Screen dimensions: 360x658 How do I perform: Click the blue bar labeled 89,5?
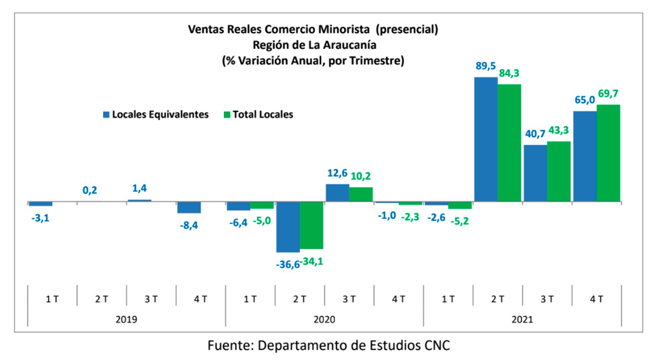(x=486, y=139)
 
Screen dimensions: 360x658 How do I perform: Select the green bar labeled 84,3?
(x=509, y=143)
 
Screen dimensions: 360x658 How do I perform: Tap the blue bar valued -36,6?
(x=288, y=227)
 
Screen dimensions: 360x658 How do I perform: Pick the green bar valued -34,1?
(x=311, y=225)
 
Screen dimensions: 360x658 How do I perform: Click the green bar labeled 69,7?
(x=608, y=153)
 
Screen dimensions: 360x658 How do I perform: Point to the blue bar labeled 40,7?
(x=535, y=173)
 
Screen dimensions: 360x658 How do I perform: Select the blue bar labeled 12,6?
(x=337, y=193)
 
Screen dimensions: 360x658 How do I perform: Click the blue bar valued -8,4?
(x=189, y=207)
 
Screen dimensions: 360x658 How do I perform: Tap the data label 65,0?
(x=584, y=100)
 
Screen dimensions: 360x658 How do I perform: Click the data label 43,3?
(x=558, y=130)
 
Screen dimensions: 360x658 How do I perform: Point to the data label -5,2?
(x=459, y=221)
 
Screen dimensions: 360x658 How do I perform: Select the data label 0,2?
(x=90, y=190)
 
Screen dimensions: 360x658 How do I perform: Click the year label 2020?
(x=324, y=320)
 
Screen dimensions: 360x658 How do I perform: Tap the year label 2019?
(x=126, y=320)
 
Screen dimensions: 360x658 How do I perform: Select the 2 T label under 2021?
(x=497, y=299)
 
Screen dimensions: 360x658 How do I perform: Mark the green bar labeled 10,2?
(x=360, y=194)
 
